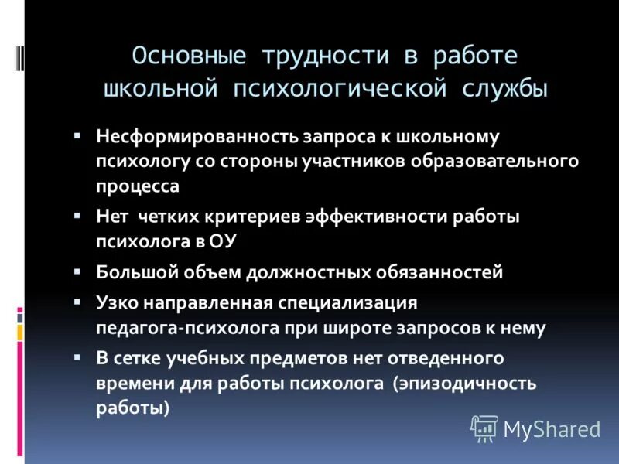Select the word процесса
tap(138, 186)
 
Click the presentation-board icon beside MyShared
tap(484, 428)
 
